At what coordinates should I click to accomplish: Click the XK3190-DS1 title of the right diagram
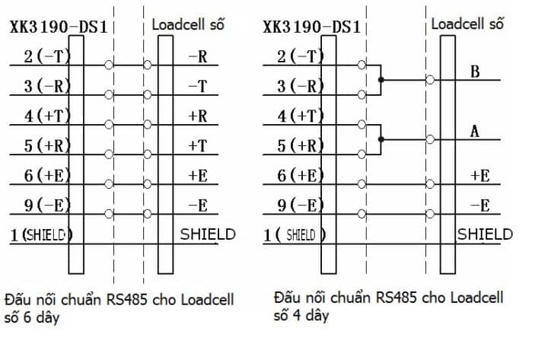311,27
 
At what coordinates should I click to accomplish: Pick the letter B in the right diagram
475,72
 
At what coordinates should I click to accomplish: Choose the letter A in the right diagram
475,132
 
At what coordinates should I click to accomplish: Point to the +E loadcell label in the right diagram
479,175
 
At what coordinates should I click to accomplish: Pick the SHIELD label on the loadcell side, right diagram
485,234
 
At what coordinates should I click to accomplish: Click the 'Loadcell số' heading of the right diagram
467,23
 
